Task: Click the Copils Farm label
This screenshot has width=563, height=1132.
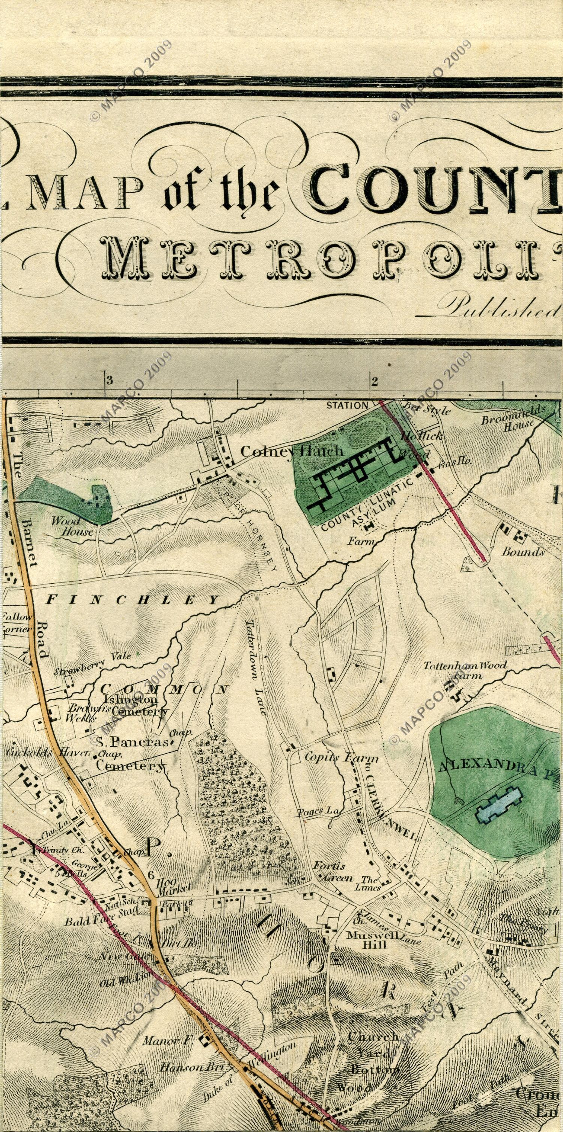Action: (x=341, y=758)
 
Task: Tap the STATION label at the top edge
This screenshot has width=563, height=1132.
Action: (x=347, y=405)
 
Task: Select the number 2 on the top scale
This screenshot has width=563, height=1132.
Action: (x=374, y=380)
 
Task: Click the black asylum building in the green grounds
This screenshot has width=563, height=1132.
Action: (x=356, y=473)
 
